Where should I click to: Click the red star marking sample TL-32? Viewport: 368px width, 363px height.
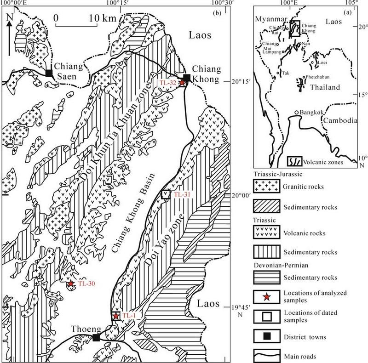pyautogui.click(x=183, y=82)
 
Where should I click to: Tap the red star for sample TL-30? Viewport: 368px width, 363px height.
pyautogui.click(x=71, y=284)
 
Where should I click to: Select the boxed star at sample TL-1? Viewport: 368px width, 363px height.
pyautogui.click(x=115, y=316)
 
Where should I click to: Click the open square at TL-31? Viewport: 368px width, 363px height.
pyautogui.click(x=166, y=194)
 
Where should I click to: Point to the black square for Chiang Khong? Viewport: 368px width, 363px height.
pyautogui.click(x=187, y=77)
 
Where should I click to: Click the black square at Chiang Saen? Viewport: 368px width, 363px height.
pyautogui.click(x=49, y=73)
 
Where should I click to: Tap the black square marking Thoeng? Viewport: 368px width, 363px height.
pyautogui.click(x=96, y=338)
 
